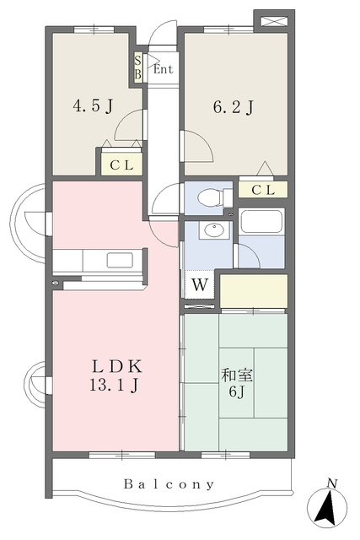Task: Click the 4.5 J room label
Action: click(93, 105)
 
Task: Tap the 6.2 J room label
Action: click(234, 107)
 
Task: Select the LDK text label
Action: click(117, 367)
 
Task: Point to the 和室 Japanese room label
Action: click(237, 375)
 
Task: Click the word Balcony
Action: click(169, 484)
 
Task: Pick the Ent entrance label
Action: click(163, 69)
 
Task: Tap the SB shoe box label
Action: click(137, 67)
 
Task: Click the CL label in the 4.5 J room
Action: click(121, 165)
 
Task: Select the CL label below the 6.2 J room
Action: click(263, 190)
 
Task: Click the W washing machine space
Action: click(200, 285)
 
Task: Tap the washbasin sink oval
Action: click(215, 230)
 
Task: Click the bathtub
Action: click(261, 221)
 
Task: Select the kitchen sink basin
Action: click(120, 260)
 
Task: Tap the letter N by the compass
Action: click(331, 483)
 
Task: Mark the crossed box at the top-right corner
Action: click(274, 21)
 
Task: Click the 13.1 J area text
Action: click(115, 386)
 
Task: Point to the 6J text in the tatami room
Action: click(238, 391)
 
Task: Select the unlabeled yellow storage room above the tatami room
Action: click(254, 291)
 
